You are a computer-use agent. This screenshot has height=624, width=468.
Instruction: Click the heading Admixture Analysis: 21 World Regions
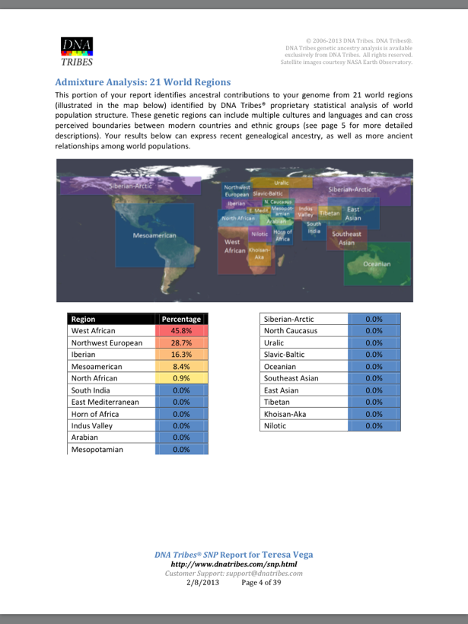tap(143, 81)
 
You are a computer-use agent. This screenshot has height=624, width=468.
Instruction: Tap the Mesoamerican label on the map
tap(154, 236)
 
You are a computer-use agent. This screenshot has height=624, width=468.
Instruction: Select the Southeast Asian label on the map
tap(346, 238)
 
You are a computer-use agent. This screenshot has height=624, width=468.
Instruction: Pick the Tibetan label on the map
tap(329, 214)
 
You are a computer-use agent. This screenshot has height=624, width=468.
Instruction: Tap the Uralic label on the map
tap(281, 183)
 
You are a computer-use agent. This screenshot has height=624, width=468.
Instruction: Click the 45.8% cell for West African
tap(181, 331)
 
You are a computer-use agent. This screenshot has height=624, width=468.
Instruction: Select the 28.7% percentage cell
tap(181, 343)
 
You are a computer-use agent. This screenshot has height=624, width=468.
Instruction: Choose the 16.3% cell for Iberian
tap(181, 355)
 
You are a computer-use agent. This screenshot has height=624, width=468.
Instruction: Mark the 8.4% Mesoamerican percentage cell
tap(181, 367)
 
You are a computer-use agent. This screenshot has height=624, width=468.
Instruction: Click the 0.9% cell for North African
tap(181, 378)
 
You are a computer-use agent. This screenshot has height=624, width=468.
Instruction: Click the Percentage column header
tap(181, 320)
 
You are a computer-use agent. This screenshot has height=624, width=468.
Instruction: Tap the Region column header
tap(84, 320)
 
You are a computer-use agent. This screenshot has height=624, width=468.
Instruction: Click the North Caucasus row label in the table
tap(291, 331)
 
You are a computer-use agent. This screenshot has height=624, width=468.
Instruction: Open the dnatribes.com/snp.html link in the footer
tap(234, 565)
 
